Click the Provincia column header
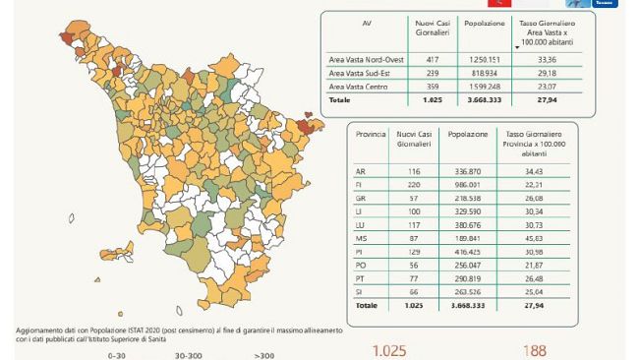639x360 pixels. (x=371, y=133)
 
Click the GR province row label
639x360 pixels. (x=361, y=197)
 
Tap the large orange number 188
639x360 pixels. (x=536, y=350)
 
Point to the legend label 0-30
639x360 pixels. (x=118, y=355)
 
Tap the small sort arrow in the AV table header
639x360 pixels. (x=517, y=47)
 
